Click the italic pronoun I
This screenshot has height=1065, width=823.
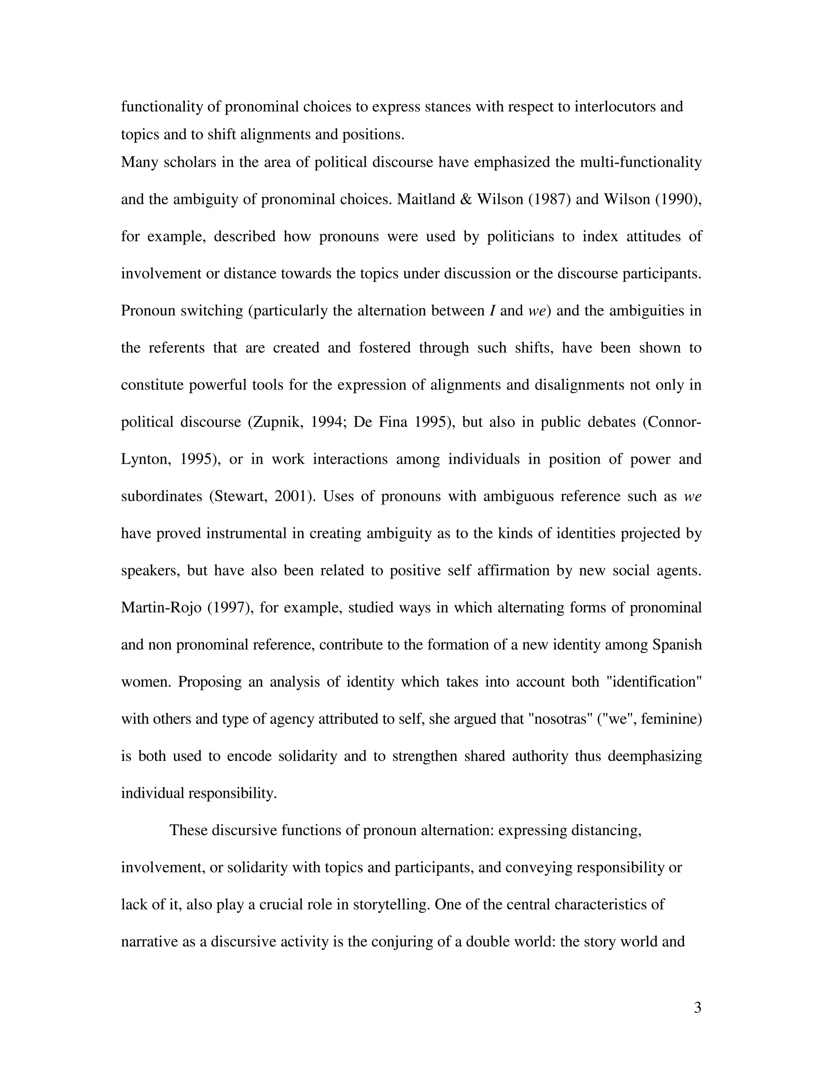[x=492, y=311]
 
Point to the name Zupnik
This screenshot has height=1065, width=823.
[x=276, y=422]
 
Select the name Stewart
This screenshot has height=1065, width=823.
[x=240, y=496]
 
